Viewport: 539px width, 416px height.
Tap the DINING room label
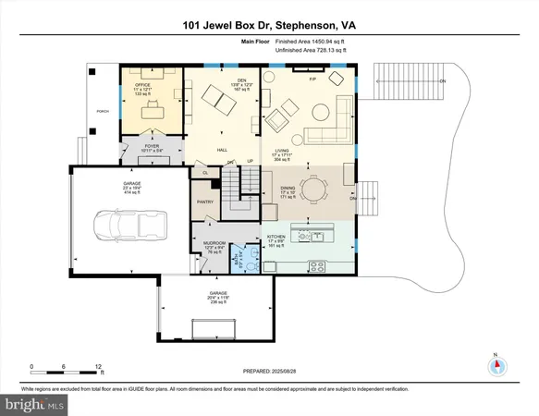click(279, 192)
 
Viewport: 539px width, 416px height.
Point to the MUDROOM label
click(214, 245)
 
